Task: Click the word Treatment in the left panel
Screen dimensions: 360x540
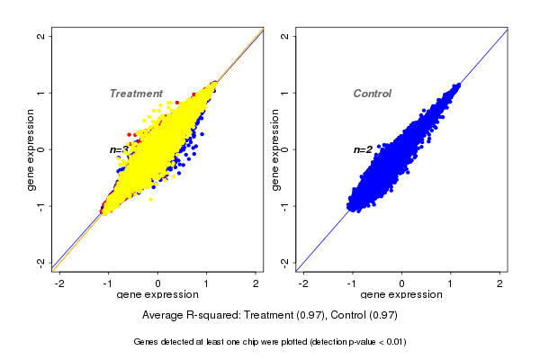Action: [x=136, y=94]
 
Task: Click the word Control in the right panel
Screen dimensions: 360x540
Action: [x=373, y=94]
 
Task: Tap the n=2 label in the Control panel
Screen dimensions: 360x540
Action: [x=362, y=149]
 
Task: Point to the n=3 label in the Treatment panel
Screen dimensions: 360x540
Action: [x=117, y=149]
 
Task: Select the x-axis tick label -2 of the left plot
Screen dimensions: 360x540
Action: [x=59, y=283]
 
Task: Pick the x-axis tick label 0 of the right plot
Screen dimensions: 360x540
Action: [x=402, y=283]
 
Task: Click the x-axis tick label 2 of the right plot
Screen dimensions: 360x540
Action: [x=500, y=283]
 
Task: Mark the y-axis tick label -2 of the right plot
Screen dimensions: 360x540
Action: [x=285, y=262]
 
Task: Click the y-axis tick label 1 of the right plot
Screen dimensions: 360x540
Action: [x=285, y=93]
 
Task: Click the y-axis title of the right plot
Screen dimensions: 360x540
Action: [x=274, y=149]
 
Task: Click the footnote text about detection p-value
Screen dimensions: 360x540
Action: [x=270, y=342]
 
